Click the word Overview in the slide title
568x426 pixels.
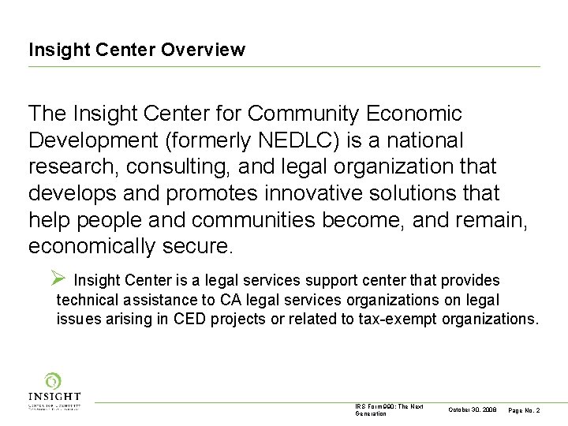coord(203,50)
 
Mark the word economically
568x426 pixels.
coord(92,246)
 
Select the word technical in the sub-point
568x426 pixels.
coord(87,300)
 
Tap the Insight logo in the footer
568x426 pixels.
coord(54,391)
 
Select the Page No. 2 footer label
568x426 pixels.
coord(525,410)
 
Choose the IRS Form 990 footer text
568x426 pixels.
coord(389,409)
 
